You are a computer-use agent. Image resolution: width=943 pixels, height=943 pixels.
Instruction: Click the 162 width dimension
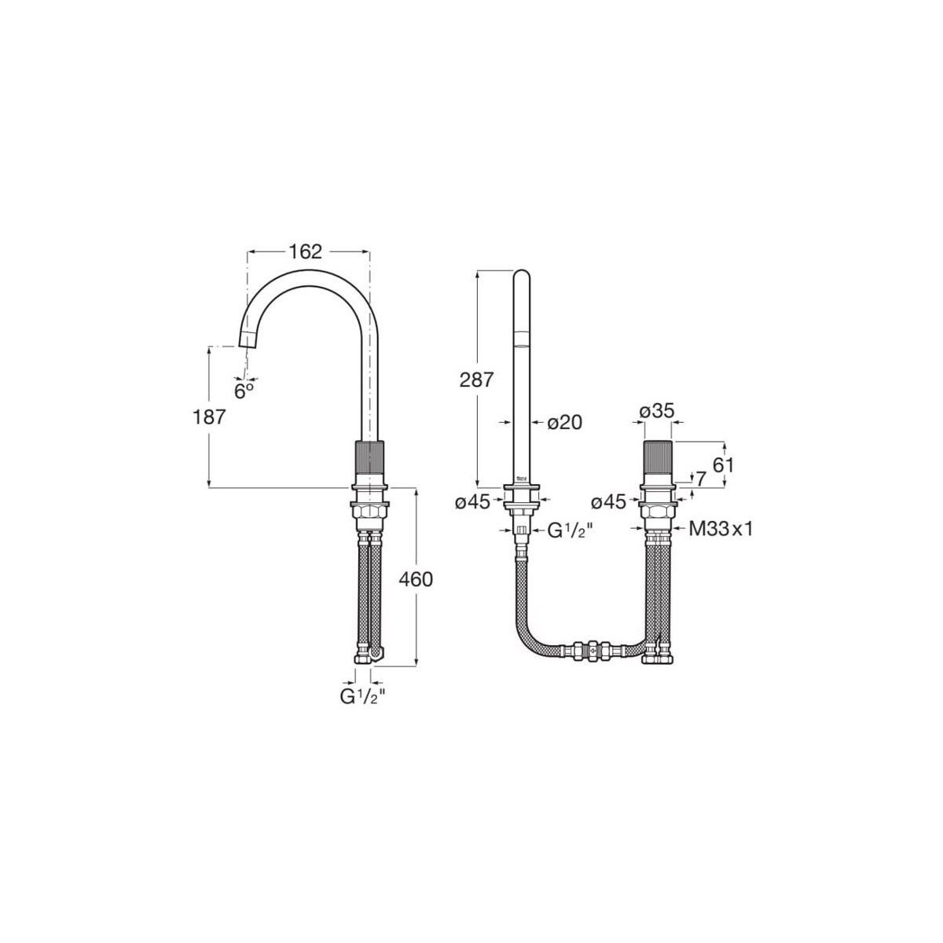pos(306,252)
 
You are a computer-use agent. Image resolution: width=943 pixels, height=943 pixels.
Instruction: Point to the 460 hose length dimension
pos(416,579)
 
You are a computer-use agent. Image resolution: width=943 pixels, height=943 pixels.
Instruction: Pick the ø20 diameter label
pos(565,422)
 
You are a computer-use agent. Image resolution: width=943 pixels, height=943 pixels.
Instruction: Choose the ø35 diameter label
pos(657,412)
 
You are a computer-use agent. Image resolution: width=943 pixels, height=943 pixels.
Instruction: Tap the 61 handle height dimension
pos(723,464)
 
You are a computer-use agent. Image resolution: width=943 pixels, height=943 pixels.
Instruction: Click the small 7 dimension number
pos(701,479)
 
